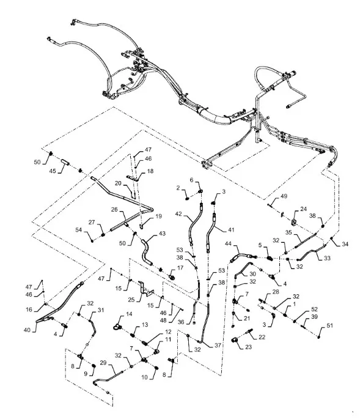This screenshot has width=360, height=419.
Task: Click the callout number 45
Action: click(x=53, y=171)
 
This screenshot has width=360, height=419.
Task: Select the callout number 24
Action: click(x=303, y=209)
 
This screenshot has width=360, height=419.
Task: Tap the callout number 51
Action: click(x=330, y=325)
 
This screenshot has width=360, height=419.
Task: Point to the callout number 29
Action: click(x=103, y=363)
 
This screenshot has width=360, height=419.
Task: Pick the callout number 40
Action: click(x=27, y=330)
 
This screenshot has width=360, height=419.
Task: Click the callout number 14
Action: click(x=129, y=314)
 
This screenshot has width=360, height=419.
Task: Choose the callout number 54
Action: click(x=78, y=230)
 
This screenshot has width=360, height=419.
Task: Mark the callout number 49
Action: click(x=284, y=196)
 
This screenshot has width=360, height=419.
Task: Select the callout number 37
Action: click(x=218, y=345)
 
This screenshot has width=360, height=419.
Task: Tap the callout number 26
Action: click(x=114, y=209)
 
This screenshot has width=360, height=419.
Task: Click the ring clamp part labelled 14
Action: click(x=117, y=327)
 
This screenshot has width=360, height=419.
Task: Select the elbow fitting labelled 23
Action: click(x=235, y=340)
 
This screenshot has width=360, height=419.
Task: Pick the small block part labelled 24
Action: click(x=293, y=222)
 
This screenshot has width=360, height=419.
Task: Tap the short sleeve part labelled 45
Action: click(x=65, y=162)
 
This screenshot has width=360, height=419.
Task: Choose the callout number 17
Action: click(x=180, y=267)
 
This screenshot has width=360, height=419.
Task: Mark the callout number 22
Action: click(x=262, y=337)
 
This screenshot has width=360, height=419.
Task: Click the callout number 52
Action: click(x=314, y=309)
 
